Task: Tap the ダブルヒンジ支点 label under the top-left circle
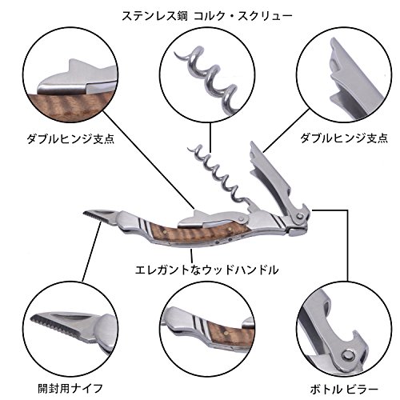click(70, 138)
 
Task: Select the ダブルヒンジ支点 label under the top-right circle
click(344, 138)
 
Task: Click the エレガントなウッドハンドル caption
click(206, 270)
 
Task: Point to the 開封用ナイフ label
click(70, 388)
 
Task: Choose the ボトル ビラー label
click(344, 390)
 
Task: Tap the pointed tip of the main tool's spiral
click(189, 148)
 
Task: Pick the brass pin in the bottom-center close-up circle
click(226, 332)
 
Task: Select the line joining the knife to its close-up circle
click(91, 252)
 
